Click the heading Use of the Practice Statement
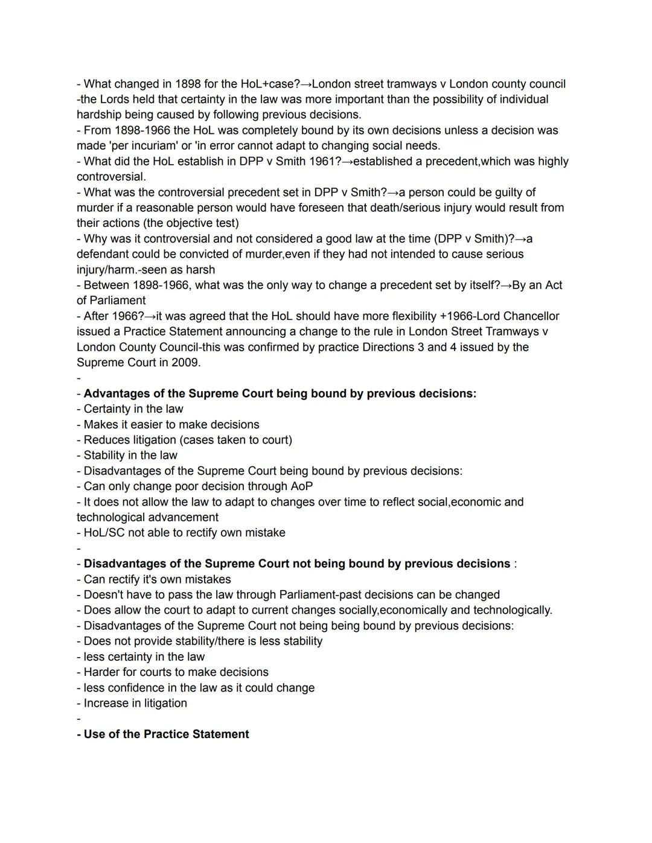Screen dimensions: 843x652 pyautogui.click(x=166, y=734)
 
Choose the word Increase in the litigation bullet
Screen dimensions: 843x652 pyautogui.click(x=106, y=703)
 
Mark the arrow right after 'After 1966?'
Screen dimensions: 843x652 pyautogui.click(x=150, y=316)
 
